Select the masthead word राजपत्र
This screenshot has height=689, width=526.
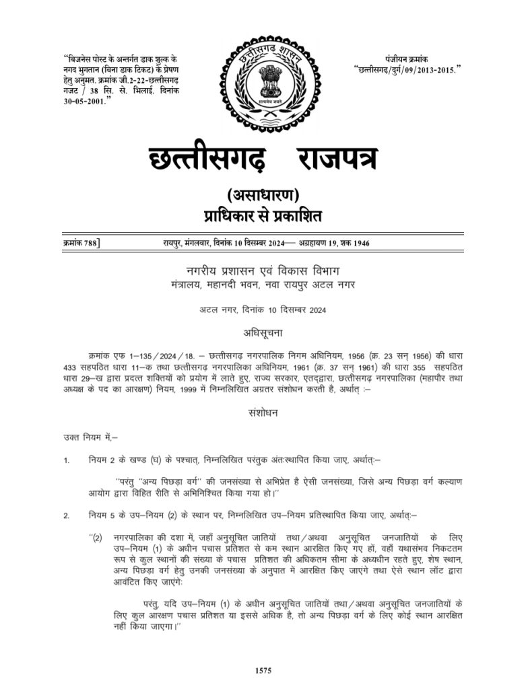pos(335,159)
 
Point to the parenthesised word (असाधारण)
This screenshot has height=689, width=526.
pos(263,196)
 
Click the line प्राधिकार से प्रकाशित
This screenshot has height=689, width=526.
pos(263,216)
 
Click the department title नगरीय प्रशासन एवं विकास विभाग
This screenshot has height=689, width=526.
pos(263,271)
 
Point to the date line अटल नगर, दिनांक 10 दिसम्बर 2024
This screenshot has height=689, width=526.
pos(263,310)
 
